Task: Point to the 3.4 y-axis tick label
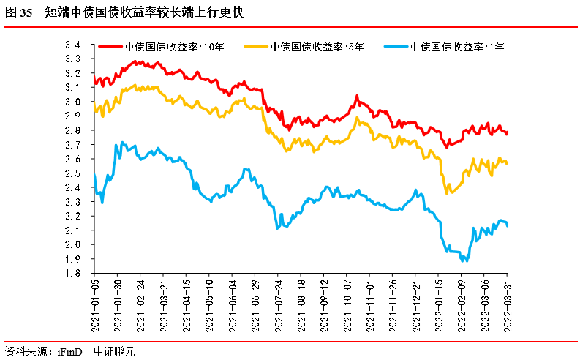coord(72,45)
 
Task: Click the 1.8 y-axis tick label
coord(72,273)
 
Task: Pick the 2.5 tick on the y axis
coord(72,173)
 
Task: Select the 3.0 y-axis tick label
coord(72,102)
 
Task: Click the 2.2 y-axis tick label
coord(72,216)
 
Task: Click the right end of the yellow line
coord(508,162)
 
